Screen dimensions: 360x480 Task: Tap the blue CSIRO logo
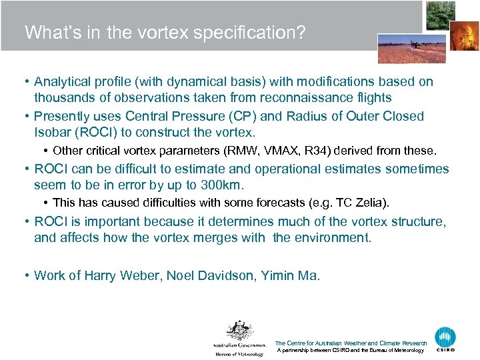click(x=445, y=339)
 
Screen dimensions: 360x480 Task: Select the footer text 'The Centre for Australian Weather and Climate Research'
click(x=351, y=343)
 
